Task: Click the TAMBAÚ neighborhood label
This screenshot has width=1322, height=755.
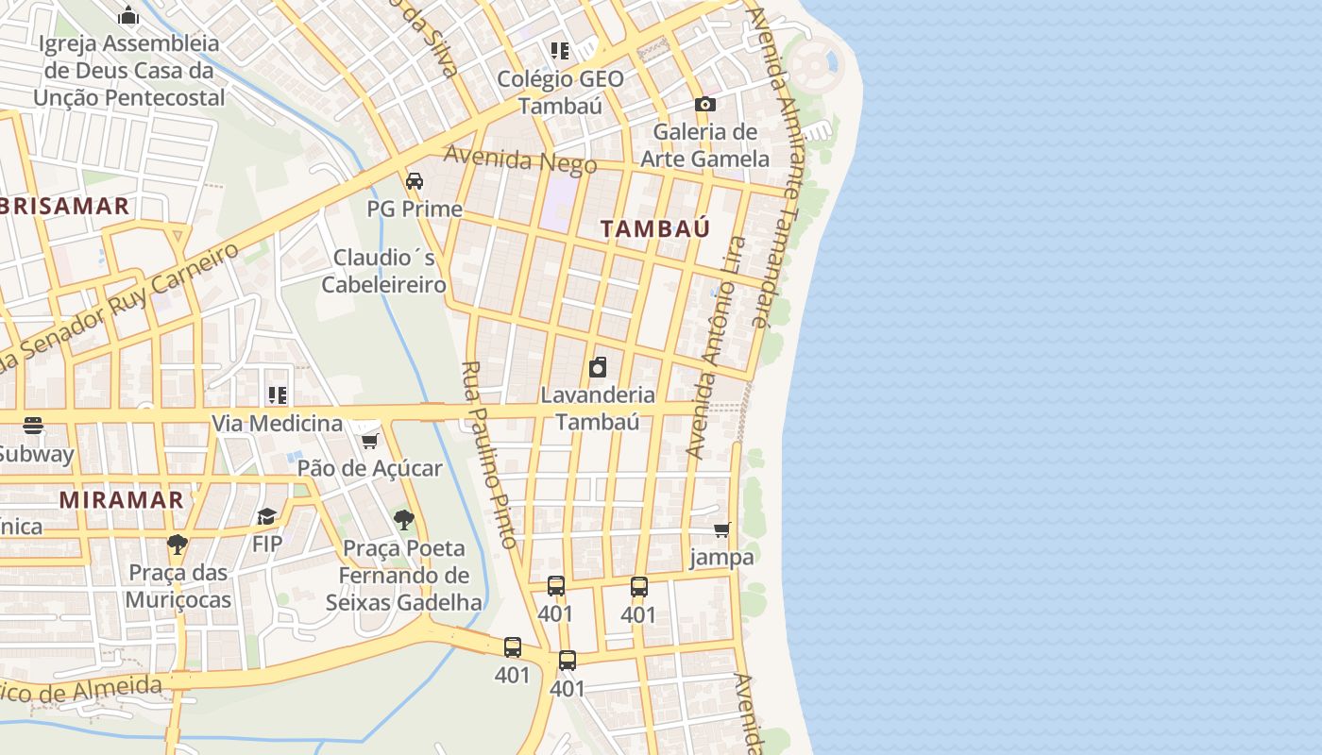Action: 654,228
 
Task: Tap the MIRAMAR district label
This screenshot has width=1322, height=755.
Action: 121,500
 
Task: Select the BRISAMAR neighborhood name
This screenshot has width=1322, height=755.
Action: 64,207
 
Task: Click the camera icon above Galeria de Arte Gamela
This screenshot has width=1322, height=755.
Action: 704,105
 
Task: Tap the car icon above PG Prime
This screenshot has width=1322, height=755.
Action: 414,181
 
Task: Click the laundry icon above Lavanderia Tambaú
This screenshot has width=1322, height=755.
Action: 597,367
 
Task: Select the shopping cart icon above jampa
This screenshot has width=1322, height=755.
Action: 722,529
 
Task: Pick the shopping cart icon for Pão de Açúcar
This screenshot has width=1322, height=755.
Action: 369,441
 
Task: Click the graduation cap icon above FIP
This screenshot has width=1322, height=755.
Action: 266,516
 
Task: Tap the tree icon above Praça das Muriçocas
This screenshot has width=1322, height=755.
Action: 177,545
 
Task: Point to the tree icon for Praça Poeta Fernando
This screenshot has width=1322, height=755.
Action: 403,520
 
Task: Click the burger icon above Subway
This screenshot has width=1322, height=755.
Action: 33,426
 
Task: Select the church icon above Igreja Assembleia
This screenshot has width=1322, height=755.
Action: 128,15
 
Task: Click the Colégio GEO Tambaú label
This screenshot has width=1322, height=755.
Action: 560,92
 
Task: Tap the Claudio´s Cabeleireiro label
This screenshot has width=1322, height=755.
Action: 383,271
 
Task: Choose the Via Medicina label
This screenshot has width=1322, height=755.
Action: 277,423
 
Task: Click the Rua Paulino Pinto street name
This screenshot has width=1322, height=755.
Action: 489,454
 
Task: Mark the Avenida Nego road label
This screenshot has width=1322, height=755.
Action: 520,159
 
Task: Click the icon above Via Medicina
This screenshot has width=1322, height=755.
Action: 277,394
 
